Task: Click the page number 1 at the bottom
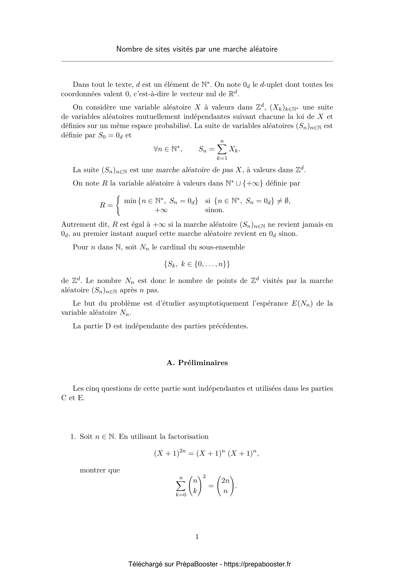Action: point(197,537)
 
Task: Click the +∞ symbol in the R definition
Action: point(161,210)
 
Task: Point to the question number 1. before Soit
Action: point(73,437)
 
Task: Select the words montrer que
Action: point(100,470)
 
